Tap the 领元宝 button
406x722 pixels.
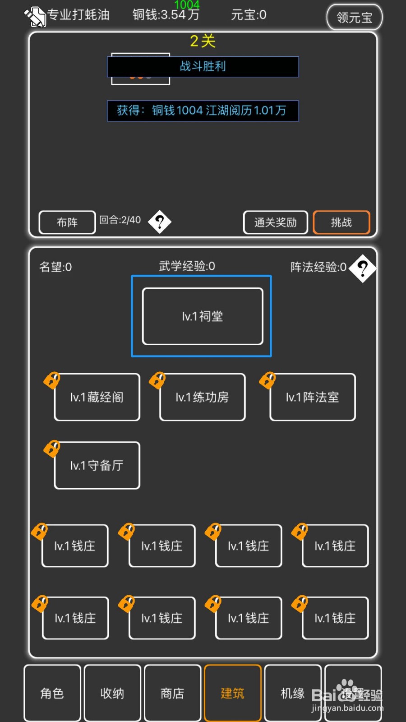pos(354,17)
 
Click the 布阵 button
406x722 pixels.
pos(67,222)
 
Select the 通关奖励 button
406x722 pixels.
pos(275,222)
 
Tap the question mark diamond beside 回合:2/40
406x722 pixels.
pos(160,222)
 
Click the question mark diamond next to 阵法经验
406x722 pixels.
pos(363,268)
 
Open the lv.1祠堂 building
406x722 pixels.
pos(203,316)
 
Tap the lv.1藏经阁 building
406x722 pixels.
pos(97,397)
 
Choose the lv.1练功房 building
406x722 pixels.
pos(203,397)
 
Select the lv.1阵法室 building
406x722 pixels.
pos(313,397)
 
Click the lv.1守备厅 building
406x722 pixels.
pos(97,465)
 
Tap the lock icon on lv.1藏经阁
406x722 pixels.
pos(52,380)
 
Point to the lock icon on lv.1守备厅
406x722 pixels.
pos(52,448)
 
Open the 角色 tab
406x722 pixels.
pos(52,693)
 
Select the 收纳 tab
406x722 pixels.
pos(112,693)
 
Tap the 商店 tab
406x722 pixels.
pos(172,693)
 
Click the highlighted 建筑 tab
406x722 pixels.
pos(232,693)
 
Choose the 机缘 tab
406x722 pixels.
pos(293,693)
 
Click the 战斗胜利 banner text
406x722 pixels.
pos(203,66)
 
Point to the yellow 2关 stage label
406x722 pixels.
pos(203,41)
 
